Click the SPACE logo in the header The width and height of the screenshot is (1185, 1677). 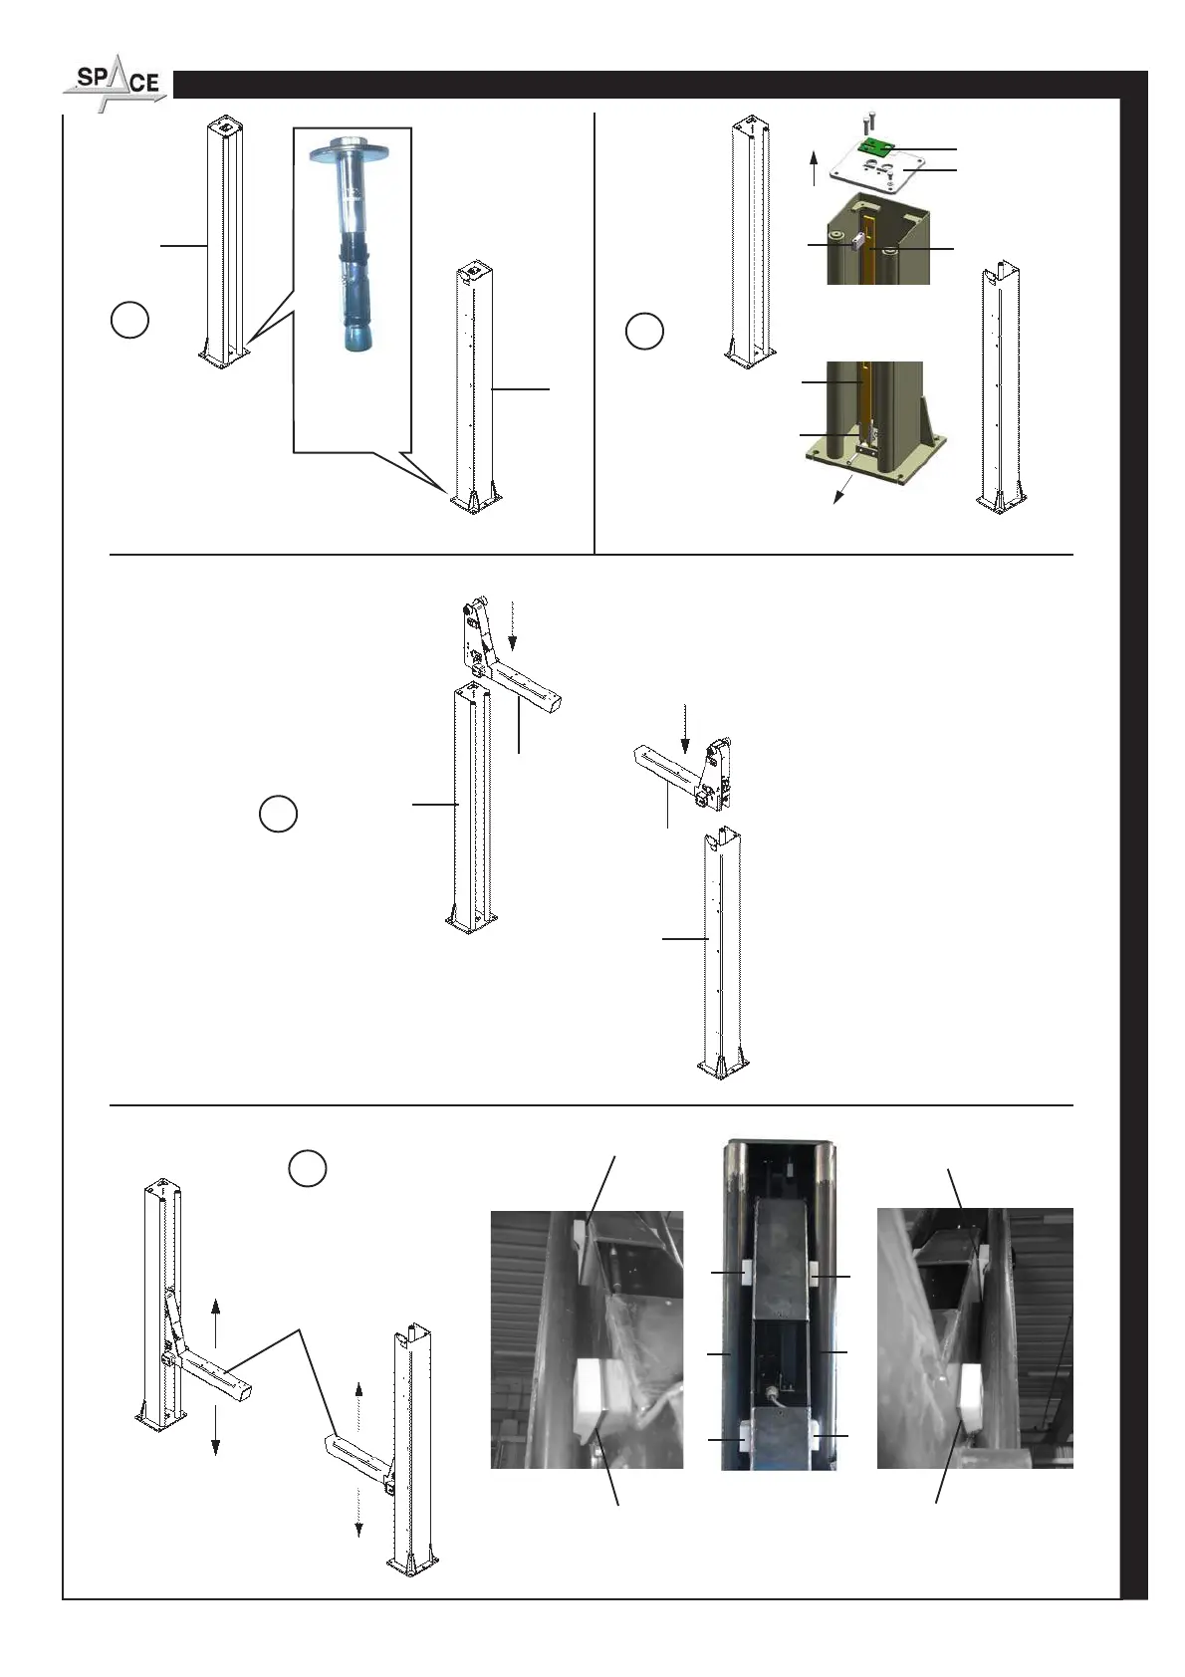pos(116,83)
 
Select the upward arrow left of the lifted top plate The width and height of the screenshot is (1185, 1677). pos(814,166)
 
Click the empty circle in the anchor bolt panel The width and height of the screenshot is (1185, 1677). pos(129,321)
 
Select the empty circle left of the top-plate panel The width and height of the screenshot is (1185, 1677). pos(644,331)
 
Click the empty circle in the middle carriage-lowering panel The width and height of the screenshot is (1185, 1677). pos(278,814)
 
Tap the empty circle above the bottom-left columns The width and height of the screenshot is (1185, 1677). pos(308,1168)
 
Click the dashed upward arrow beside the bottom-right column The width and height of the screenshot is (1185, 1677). pos(358,1405)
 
